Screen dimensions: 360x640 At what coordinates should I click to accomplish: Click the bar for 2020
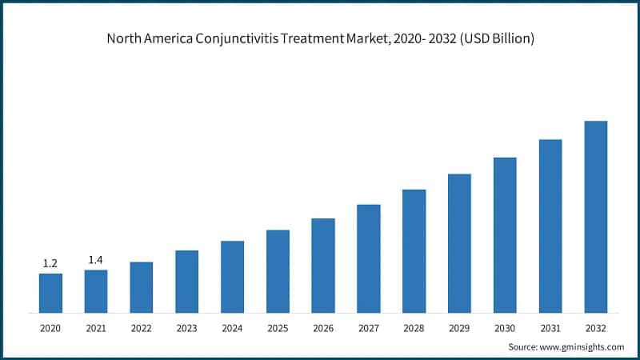[x=50, y=293]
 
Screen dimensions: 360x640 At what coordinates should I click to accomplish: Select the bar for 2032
[x=596, y=217]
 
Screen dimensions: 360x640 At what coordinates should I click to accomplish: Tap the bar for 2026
[x=323, y=266]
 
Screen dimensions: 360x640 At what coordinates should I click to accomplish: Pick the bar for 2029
[x=459, y=243]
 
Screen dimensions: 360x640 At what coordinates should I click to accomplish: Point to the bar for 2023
[x=186, y=282]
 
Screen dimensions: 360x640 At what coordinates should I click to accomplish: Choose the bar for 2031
[x=550, y=226]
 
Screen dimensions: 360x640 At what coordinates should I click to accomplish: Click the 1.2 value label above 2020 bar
[x=50, y=263]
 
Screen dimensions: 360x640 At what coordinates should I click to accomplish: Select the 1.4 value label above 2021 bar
[x=96, y=260]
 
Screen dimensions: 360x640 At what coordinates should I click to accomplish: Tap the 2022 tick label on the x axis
[x=142, y=328]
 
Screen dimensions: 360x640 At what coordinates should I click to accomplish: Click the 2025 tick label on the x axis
[x=278, y=328]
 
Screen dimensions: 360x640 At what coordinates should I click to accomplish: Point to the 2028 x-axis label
[x=414, y=328]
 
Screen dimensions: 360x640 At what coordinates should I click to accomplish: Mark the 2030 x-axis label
[x=505, y=328]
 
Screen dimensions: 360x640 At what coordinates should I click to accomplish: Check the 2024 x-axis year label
[x=232, y=328]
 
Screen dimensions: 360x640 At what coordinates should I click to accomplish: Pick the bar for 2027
[x=369, y=258]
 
